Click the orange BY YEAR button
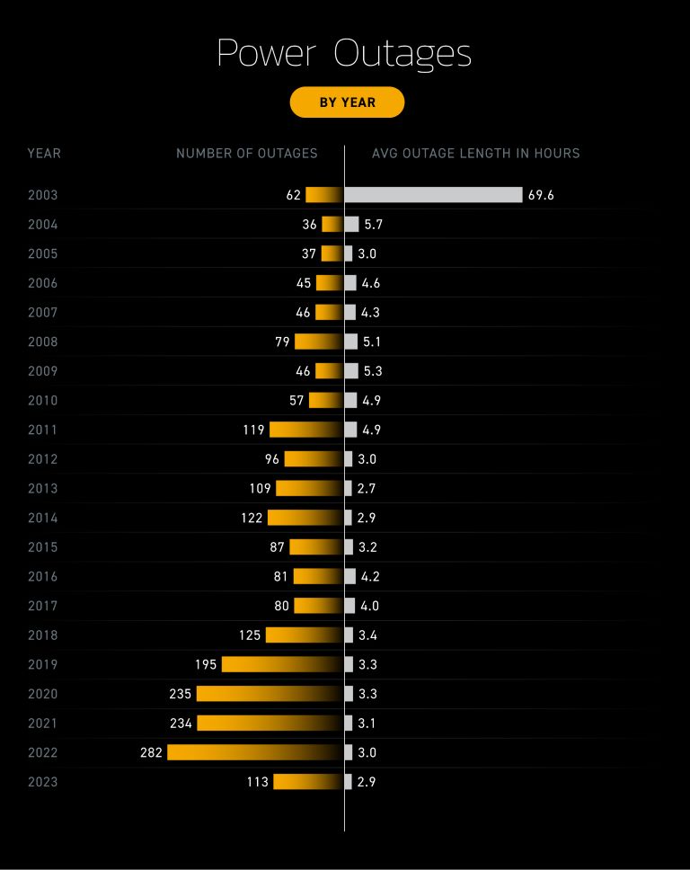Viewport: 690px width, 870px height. pyautogui.click(x=347, y=102)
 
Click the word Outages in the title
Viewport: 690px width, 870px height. pyautogui.click(x=402, y=54)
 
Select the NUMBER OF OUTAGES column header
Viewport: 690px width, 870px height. pyautogui.click(x=246, y=154)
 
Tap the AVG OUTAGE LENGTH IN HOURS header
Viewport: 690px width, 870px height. pyautogui.click(x=475, y=154)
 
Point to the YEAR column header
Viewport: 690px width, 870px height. pyautogui.click(x=44, y=154)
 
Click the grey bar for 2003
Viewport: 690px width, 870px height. pyautogui.click(x=433, y=195)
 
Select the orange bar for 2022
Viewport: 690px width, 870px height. pyautogui.click(x=254, y=752)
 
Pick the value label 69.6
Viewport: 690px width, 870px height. pyautogui.click(x=541, y=195)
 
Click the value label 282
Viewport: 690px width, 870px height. pyautogui.click(x=151, y=752)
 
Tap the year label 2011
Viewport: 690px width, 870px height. pyautogui.click(x=42, y=430)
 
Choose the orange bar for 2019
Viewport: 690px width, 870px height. pyautogui.click(x=282, y=664)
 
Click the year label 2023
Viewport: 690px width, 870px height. pyautogui.click(x=42, y=782)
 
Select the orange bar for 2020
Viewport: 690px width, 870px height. pyautogui.click(x=270, y=694)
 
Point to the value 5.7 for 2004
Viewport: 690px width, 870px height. pyautogui.click(x=373, y=225)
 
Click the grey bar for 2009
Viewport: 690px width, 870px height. pyautogui.click(x=351, y=371)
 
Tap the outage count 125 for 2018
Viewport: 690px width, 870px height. pyautogui.click(x=250, y=635)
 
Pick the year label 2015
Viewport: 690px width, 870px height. pyautogui.click(x=42, y=547)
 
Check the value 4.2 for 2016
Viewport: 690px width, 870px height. pyautogui.click(x=370, y=576)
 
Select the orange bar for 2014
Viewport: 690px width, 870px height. pyautogui.click(x=305, y=518)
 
